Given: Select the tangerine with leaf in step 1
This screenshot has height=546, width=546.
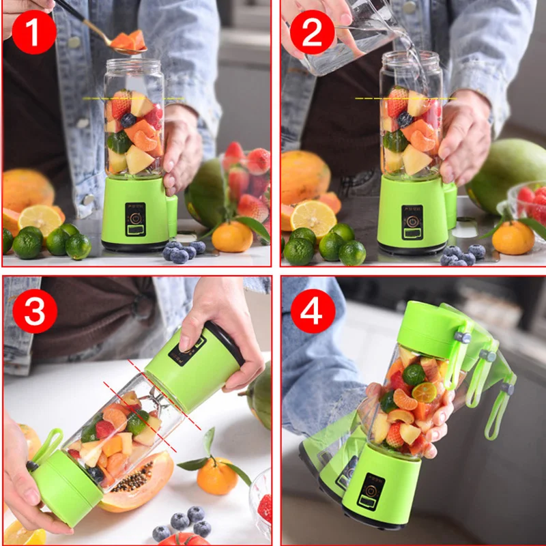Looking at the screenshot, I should tap(232, 236).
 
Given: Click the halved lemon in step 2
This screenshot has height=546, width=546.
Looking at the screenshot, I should tap(313, 217).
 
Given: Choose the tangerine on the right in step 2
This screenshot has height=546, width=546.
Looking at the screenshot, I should tap(513, 238).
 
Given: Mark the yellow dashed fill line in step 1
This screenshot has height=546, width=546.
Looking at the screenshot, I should tap(133, 99).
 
